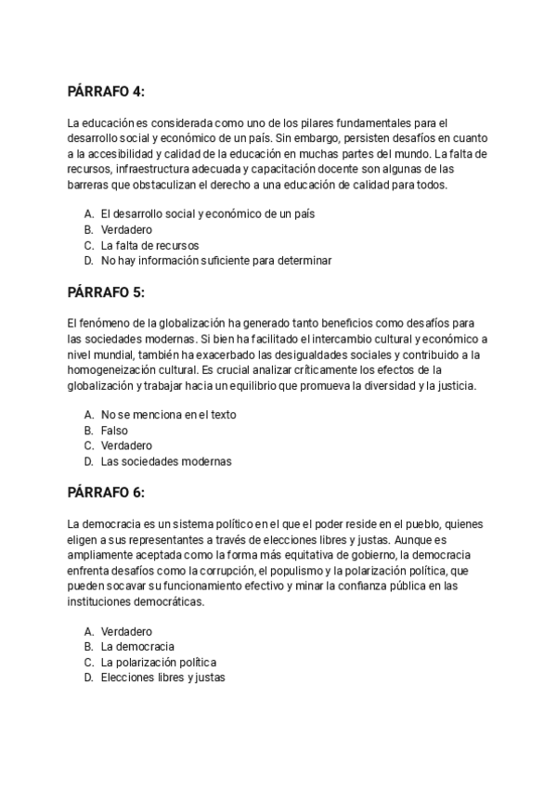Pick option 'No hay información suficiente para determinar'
[x=215, y=261]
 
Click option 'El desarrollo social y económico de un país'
[x=207, y=213]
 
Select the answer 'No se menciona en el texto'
[x=168, y=415]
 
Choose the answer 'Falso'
[x=114, y=431]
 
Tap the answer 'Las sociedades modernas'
[x=165, y=461]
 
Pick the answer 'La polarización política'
[x=158, y=662]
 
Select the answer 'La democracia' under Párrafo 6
[x=137, y=646]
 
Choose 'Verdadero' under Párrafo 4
[x=126, y=229]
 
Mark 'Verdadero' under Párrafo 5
[x=126, y=445]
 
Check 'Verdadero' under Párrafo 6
[x=126, y=631]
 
